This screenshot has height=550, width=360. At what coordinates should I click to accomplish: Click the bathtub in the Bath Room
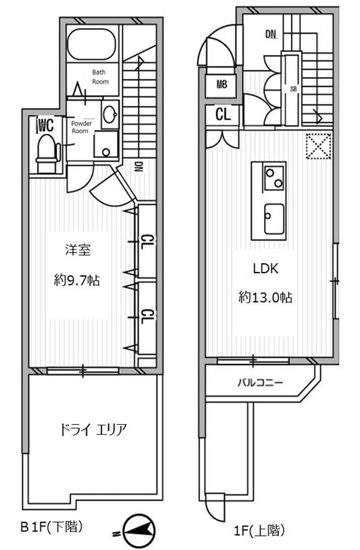tap(93, 45)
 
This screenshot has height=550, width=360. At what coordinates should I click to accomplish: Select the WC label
tap(45, 125)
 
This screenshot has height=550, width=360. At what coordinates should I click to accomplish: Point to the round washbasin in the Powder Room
tap(110, 115)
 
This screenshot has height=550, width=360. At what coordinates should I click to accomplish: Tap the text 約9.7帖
tap(77, 281)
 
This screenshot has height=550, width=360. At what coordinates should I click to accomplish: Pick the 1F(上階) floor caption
tap(261, 531)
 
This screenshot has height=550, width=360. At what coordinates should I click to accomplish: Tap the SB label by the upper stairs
tap(293, 88)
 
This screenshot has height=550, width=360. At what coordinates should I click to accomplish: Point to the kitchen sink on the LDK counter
tap(273, 218)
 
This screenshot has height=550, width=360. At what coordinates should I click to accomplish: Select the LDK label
tap(265, 269)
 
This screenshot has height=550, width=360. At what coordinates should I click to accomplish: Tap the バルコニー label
tap(260, 384)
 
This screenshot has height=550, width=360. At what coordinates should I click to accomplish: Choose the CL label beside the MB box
tap(223, 114)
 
